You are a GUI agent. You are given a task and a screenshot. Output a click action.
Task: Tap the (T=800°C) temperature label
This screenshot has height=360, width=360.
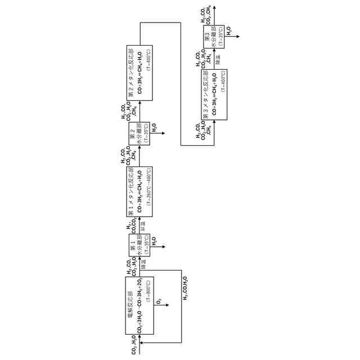point(148,292)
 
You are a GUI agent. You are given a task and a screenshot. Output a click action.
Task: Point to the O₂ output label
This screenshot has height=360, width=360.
point(159,300)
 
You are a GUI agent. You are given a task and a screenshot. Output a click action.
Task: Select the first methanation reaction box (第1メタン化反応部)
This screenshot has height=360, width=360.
point(139,191)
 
